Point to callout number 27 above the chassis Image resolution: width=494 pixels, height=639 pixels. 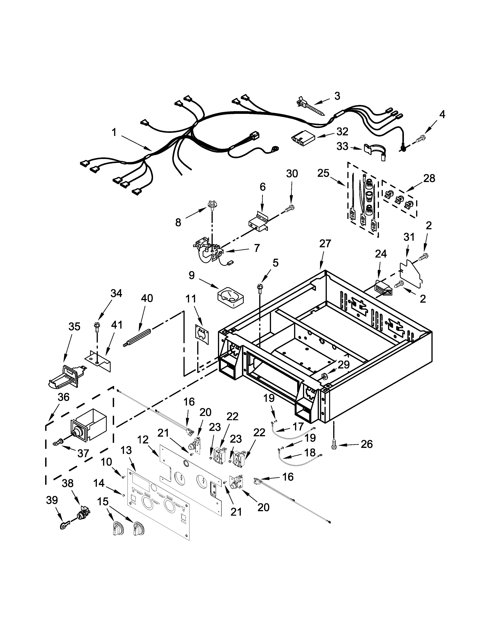pos(325,243)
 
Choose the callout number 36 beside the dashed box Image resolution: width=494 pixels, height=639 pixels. pos(64,397)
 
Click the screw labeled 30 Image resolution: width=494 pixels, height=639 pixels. pos(289,208)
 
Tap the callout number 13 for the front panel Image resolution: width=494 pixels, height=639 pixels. pos(126,451)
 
